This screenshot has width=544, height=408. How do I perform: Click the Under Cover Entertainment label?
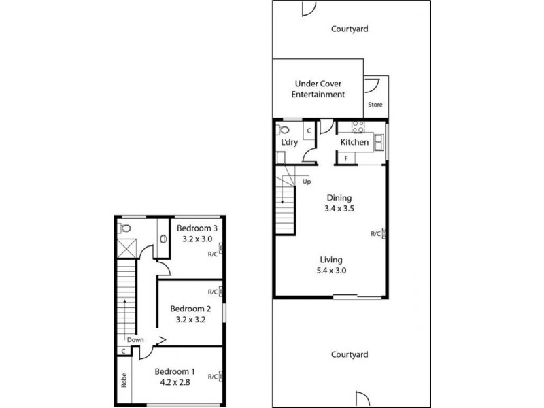tap(318, 89)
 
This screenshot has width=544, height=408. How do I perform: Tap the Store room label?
tap(375, 105)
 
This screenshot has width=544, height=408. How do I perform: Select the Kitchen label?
tap(354, 143)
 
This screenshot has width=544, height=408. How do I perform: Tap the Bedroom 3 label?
tap(197, 228)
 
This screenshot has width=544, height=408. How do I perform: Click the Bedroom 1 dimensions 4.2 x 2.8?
tap(175, 383)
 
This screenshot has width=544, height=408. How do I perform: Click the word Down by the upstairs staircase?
tap(135, 341)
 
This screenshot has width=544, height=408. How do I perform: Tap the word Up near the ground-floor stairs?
tap(307, 182)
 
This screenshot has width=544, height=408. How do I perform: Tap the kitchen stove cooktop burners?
tap(358, 126)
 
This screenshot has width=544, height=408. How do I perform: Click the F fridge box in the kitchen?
tap(345, 158)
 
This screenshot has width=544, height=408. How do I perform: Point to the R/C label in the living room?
tap(375, 234)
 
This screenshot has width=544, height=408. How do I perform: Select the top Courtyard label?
tap(350, 29)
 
